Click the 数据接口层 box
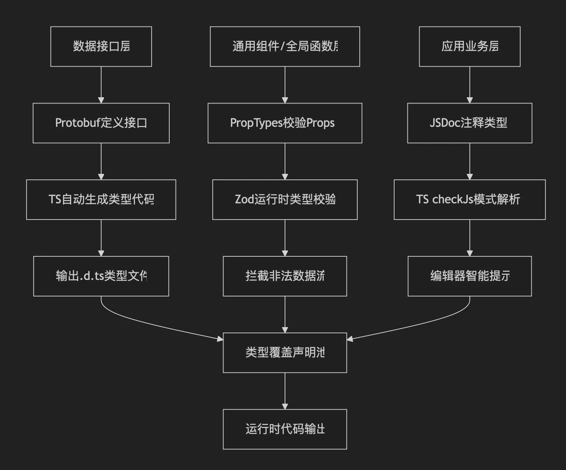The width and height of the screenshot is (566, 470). click(101, 46)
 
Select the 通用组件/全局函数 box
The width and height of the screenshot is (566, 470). click(285, 46)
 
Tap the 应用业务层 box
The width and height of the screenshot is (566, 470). click(469, 46)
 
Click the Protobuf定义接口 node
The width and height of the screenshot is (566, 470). click(101, 123)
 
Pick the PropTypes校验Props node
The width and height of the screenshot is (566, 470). click(285, 123)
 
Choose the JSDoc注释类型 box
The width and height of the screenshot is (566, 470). click(469, 123)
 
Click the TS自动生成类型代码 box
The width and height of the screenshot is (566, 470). click(101, 200)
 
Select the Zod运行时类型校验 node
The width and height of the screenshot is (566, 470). click(285, 200)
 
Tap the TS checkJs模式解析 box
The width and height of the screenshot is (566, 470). click(469, 200)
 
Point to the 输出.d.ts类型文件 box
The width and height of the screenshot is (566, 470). click(101, 276)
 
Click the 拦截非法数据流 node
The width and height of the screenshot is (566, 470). click(285, 276)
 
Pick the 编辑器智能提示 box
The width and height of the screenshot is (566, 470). click(469, 276)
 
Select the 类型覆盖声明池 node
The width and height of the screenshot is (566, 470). click(285, 353)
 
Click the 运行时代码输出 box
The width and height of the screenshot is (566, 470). click(285, 429)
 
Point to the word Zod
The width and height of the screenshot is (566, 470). click(244, 200)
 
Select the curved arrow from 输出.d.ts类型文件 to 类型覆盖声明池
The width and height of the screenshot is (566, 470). click(147, 322)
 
